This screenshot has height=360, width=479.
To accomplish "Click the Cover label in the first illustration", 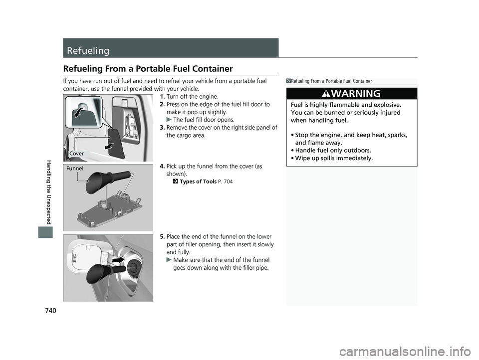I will point(76,153).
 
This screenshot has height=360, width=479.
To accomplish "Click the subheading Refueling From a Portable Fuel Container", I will point(148,69).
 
